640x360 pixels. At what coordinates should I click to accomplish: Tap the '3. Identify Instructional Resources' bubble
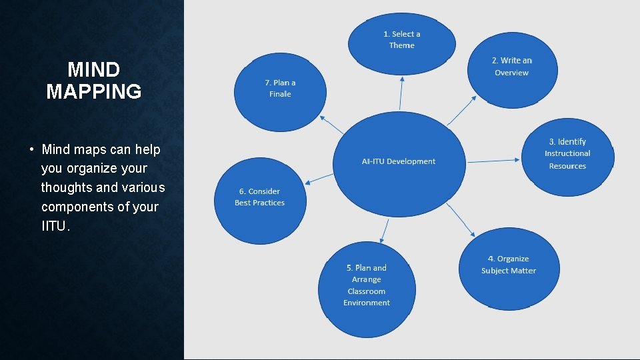coord(567,154)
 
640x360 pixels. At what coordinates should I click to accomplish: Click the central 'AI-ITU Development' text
coord(399,161)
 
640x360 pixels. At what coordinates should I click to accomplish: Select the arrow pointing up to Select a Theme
coord(401,93)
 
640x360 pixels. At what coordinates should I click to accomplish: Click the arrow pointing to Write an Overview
coord(462,111)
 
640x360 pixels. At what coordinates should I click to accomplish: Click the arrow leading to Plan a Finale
coord(332,124)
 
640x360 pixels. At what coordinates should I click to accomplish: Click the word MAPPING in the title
coord(94,91)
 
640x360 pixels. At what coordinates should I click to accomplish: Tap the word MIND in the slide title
coord(94,69)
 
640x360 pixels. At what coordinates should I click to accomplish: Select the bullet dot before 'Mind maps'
coord(31,149)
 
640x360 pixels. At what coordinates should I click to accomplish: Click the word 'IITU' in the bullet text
coord(53,226)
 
